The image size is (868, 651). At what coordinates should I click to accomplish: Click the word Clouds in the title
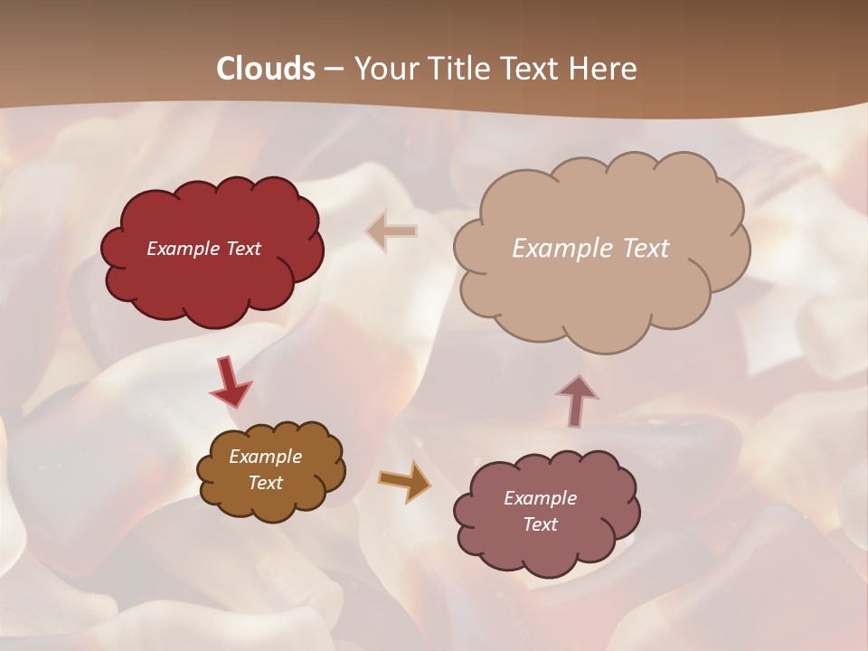coord(266,69)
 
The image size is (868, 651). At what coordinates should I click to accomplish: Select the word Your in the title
coord(386,69)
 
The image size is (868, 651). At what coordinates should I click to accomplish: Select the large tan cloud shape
coord(597,289)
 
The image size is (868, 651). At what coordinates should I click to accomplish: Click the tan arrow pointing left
coord(392,231)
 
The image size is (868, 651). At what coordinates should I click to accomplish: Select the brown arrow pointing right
coord(404,480)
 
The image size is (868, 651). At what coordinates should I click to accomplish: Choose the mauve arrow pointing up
coord(577,400)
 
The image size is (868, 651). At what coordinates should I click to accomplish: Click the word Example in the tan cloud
coord(558,249)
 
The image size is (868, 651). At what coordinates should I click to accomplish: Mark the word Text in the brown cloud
coord(266,483)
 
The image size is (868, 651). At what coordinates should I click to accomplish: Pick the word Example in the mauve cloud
coord(540,498)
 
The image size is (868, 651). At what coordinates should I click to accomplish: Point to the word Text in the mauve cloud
coord(540,524)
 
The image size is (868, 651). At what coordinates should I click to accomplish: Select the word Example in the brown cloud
coord(266,457)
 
